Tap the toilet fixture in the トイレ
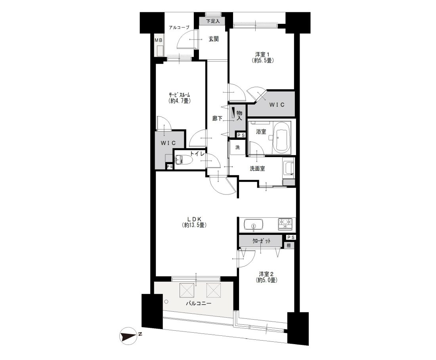(184, 160)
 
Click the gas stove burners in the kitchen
(285, 224)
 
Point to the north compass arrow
(128, 336)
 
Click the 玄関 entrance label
(214, 39)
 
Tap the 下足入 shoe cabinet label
(213, 21)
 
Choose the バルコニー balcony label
(199, 303)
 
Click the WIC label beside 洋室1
(277, 105)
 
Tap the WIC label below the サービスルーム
(168, 143)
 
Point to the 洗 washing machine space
(237, 147)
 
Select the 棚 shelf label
(289, 246)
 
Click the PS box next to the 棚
(291, 238)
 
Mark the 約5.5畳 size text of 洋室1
(262, 60)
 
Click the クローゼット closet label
(261, 241)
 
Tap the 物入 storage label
(239, 115)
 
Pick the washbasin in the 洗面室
(288, 168)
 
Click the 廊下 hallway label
(217, 118)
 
